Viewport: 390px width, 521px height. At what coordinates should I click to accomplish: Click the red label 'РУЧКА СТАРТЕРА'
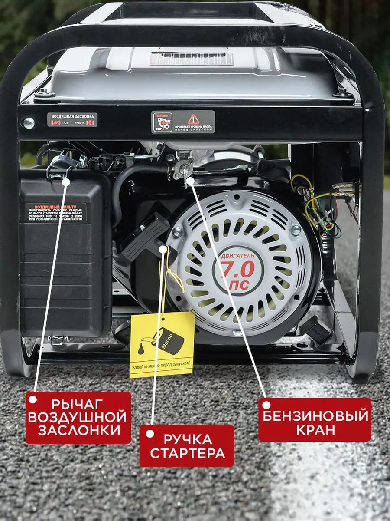pyautogui.click(x=186, y=446)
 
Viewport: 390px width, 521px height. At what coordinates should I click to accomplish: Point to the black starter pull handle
pyautogui.click(x=145, y=237)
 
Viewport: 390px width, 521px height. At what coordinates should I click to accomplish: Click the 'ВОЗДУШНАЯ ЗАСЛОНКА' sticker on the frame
pyautogui.click(x=72, y=119)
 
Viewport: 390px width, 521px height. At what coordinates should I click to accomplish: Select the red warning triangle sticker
pyautogui.click(x=193, y=119)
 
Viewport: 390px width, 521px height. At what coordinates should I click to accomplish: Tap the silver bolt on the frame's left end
pyautogui.click(x=29, y=123)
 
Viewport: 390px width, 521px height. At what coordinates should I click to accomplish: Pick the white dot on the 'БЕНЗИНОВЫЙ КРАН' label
pyautogui.click(x=266, y=406)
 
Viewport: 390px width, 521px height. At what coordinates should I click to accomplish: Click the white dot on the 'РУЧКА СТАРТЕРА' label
pyautogui.click(x=149, y=434)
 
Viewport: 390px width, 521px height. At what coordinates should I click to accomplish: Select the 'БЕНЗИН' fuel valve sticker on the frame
pyautogui.click(x=162, y=122)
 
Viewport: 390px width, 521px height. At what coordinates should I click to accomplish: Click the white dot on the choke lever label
pyautogui.click(x=33, y=399)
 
